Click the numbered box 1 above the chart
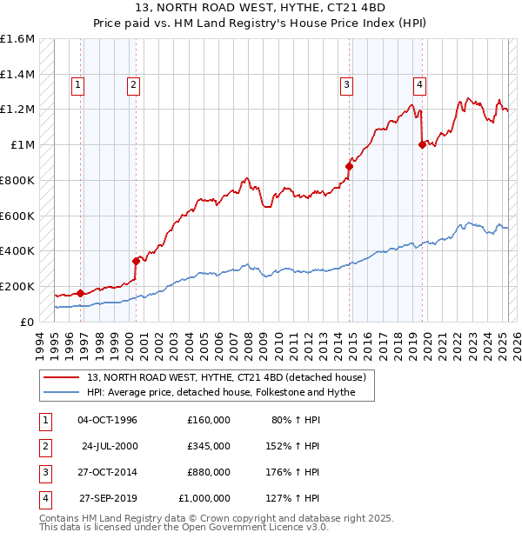[78, 85]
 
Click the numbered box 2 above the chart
[133, 85]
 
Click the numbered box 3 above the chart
[346, 85]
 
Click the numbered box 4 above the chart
[419, 85]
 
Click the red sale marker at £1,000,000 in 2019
[422, 145]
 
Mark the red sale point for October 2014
[350, 166]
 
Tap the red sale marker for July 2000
[136, 260]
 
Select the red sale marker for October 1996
[80, 293]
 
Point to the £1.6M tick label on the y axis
[17, 39]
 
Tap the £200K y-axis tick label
[17, 286]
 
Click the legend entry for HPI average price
[230, 392]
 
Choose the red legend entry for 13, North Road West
[231, 377]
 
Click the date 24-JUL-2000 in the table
[110, 446]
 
